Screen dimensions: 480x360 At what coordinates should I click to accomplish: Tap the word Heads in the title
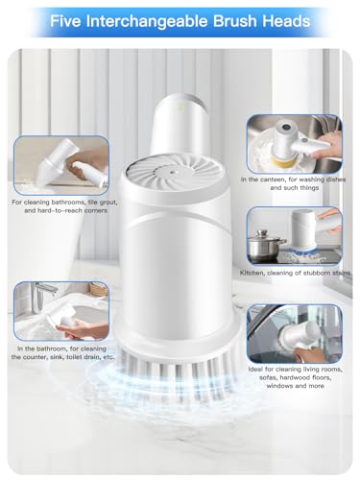coord(285,20)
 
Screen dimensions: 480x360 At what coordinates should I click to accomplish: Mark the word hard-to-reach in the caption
coord(53,212)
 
